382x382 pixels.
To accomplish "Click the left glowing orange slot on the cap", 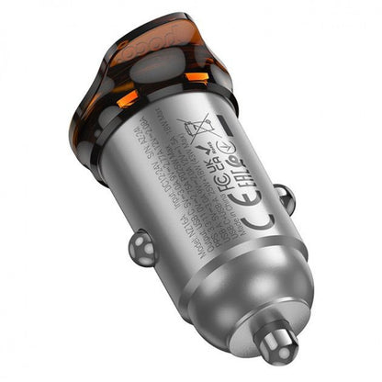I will click(x=129, y=97).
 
